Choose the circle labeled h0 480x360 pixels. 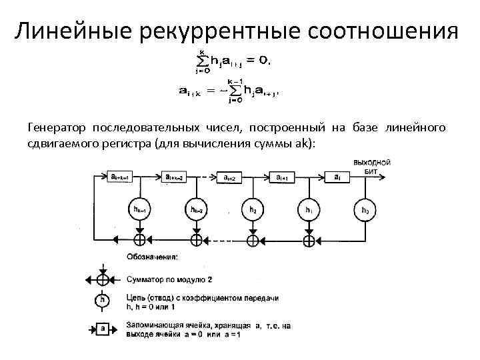click(365, 211)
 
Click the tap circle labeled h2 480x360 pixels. click(253, 211)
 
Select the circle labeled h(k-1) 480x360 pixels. click(140, 211)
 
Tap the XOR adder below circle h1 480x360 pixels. click(309, 239)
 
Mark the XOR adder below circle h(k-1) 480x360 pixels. click(140, 239)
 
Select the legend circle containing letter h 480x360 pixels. click(102, 301)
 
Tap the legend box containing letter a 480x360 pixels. click(102, 328)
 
